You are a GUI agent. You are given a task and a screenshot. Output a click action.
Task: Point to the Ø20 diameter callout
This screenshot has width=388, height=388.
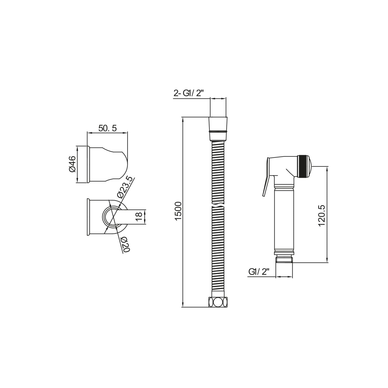pyautogui.click(x=125, y=244)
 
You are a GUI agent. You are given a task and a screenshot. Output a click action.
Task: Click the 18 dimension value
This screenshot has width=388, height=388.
pyautogui.click(x=139, y=217)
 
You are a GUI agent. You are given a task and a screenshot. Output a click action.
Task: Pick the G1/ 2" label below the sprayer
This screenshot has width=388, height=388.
pyautogui.click(x=259, y=272)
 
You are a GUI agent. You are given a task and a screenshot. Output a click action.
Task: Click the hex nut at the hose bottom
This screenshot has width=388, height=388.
pyautogui.click(x=218, y=302)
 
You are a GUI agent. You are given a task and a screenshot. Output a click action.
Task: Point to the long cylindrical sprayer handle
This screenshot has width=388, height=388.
pyautogui.click(x=284, y=220)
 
